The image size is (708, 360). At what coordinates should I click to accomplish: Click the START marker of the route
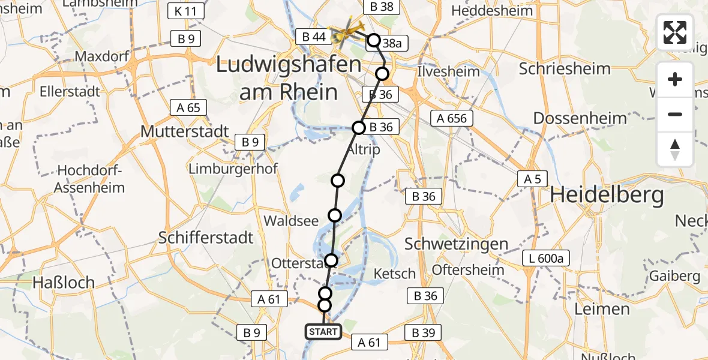[323, 331]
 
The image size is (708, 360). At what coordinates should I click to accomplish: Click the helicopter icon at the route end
[347, 34]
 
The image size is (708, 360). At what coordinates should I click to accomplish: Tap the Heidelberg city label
[607, 195]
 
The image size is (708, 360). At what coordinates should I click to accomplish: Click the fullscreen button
[675, 32]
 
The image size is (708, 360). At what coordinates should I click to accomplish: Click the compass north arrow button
[675, 149]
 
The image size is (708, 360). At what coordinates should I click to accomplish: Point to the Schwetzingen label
[456, 244]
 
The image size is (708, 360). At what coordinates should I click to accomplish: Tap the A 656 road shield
[452, 118]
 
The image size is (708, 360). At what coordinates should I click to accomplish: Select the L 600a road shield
[545, 259]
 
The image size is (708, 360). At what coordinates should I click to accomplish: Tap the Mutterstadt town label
[184, 131]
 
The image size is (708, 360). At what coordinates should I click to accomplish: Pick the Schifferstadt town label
[206, 238]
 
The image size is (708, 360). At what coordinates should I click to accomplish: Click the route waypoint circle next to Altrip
[359, 128]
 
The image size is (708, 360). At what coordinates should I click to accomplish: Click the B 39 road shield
[423, 332]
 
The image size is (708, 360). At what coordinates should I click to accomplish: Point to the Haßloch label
[64, 282]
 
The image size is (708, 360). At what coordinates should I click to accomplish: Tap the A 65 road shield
[188, 108]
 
